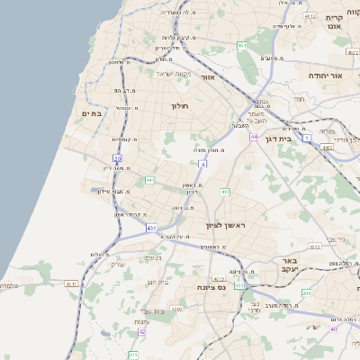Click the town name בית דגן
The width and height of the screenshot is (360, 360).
pyautogui.click(x=278, y=139)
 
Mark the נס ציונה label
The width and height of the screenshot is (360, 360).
pyautogui.click(x=211, y=287)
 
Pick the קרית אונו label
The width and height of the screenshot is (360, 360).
pyautogui.click(x=335, y=23)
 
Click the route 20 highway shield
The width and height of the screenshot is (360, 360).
pyautogui.click(x=117, y=157)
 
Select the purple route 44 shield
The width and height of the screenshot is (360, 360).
pyautogui.click(x=255, y=137)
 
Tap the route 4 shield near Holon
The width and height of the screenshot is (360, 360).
pyautogui.click(x=203, y=165)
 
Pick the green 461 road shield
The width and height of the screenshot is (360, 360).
pyautogui.click(x=242, y=44)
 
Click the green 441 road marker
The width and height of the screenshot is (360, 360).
pyautogui.click(x=149, y=180)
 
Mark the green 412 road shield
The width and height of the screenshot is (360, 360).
pyautogui.click(x=225, y=192)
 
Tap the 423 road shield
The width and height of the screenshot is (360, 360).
pyautogui.click(x=239, y=284)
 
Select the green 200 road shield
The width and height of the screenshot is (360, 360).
pyautogui.click(x=306, y=293)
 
